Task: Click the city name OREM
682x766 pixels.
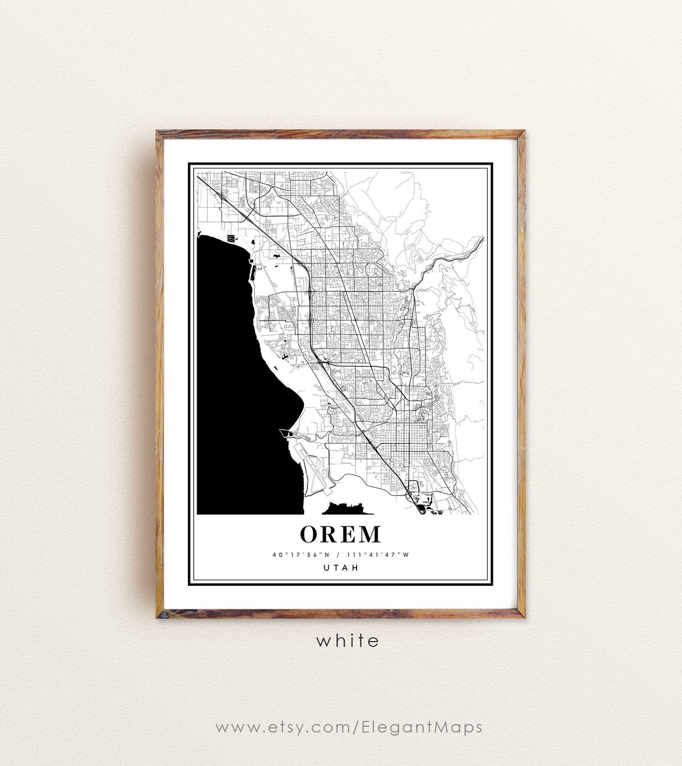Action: [x=340, y=534]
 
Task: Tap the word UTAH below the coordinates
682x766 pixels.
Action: [x=340, y=568]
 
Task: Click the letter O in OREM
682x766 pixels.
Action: [x=311, y=534]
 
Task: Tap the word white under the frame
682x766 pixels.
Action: [x=348, y=641]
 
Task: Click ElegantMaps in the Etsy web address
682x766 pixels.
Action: [x=422, y=727]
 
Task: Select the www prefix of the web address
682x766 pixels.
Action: [x=233, y=728]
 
